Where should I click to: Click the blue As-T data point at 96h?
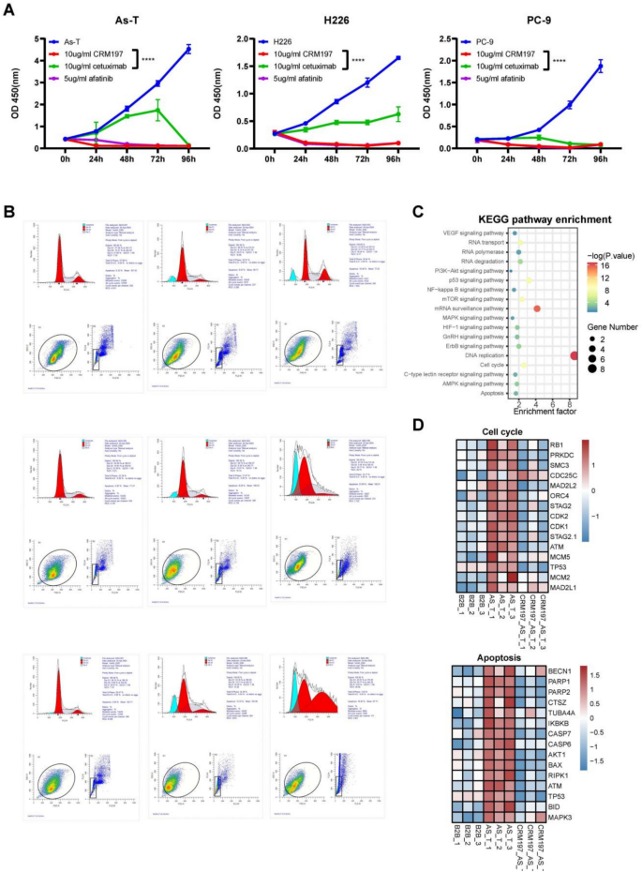(x=188, y=49)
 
